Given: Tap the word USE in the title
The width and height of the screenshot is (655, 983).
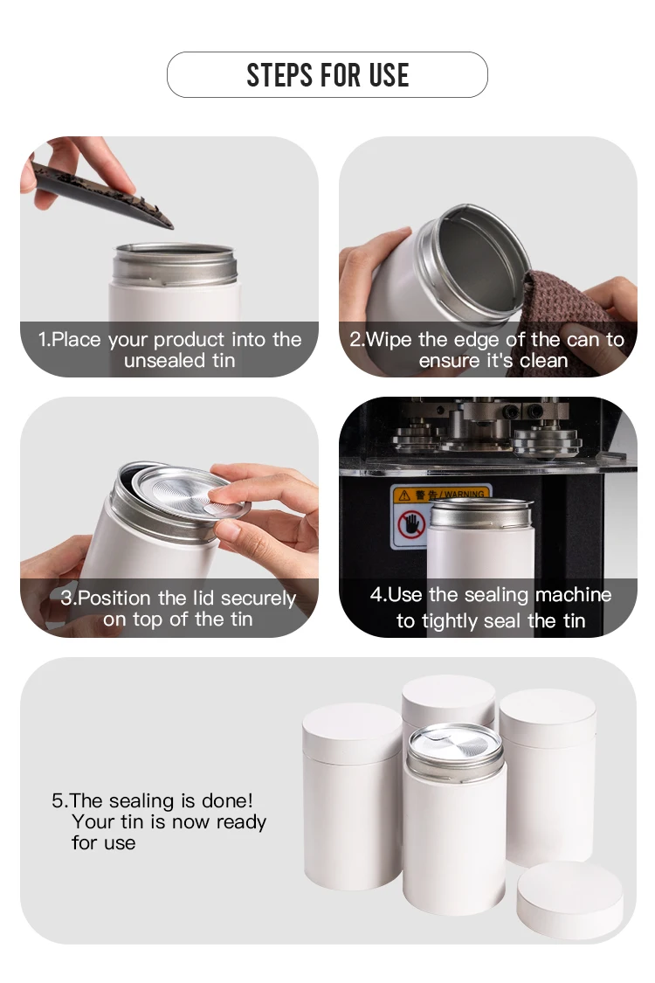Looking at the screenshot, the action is pyautogui.click(x=389, y=75).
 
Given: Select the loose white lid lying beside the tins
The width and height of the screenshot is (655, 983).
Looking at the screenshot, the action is pyautogui.click(x=569, y=900).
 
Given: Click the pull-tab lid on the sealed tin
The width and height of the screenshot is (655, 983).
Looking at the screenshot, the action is pyautogui.click(x=455, y=744).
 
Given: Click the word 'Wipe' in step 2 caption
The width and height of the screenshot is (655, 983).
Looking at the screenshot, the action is pyautogui.click(x=389, y=340).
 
